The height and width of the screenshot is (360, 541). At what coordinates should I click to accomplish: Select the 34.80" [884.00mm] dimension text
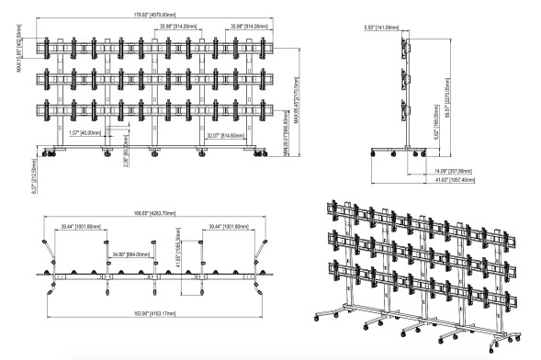click(x=127, y=253)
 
